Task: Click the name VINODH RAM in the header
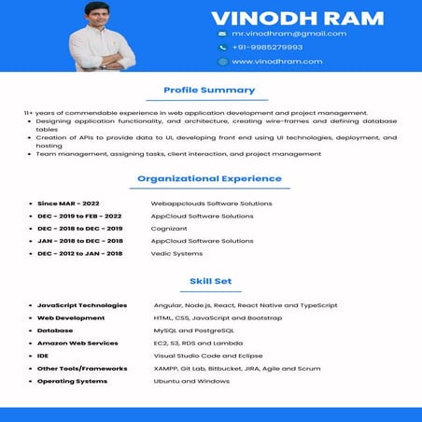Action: coord(297,18)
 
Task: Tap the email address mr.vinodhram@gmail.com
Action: coord(288,34)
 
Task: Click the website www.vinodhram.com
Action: coord(276,62)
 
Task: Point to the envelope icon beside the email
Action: coord(222,34)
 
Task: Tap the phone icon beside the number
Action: coord(222,47)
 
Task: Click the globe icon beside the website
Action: coord(222,62)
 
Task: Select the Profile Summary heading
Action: coord(209,91)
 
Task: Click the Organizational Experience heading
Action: coord(209,178)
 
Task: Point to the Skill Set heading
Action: coord(209,281)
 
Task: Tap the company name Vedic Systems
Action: coord(176,254)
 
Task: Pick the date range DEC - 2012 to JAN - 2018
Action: coord(79,254)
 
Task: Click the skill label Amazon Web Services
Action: coord(77,344)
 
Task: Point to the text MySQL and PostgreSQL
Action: coord(194,331)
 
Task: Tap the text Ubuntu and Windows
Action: coord(191,381)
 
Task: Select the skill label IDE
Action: coord(43,356)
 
